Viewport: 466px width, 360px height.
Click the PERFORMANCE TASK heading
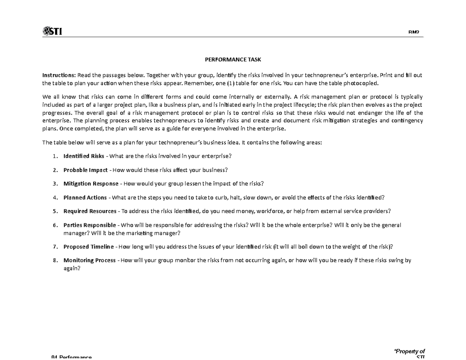(x=233, y=60)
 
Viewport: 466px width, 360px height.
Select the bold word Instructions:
(x=59, y=75)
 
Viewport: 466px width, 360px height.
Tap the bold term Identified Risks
(x=83, y=156)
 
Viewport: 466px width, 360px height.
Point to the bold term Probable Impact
(x=85, y=170)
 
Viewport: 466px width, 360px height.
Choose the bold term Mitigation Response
(x=90, y=184)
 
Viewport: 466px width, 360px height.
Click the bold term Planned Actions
(x=85, y=198)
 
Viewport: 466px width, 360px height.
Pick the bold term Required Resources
(x=90, y=211)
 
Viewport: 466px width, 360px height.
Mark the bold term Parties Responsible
(x=89, y=225)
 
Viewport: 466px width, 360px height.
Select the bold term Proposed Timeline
(x=89, y=247)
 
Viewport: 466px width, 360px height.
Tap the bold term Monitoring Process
(x=89, y=261)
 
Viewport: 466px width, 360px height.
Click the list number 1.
(x=55, y=156)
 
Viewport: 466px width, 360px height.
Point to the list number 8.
(x=55, y=261)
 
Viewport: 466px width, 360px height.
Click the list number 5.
(x=55, y=211)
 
